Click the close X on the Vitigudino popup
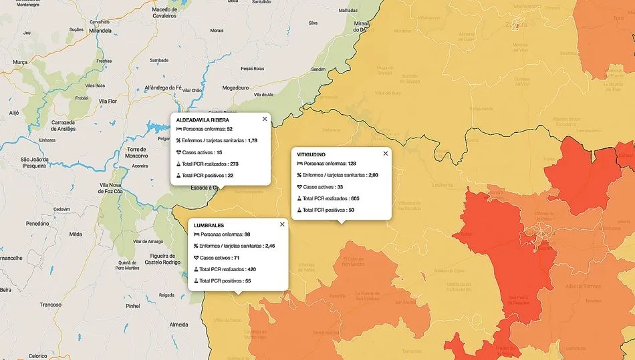(385, 154)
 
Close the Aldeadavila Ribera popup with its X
(265, 119)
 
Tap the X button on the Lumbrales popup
(282, 224)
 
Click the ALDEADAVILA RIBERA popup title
(203, 120)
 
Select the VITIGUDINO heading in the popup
(311, 154)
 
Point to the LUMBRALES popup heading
(209, 225)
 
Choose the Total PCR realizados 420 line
(227, 269)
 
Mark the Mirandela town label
(100, 31)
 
